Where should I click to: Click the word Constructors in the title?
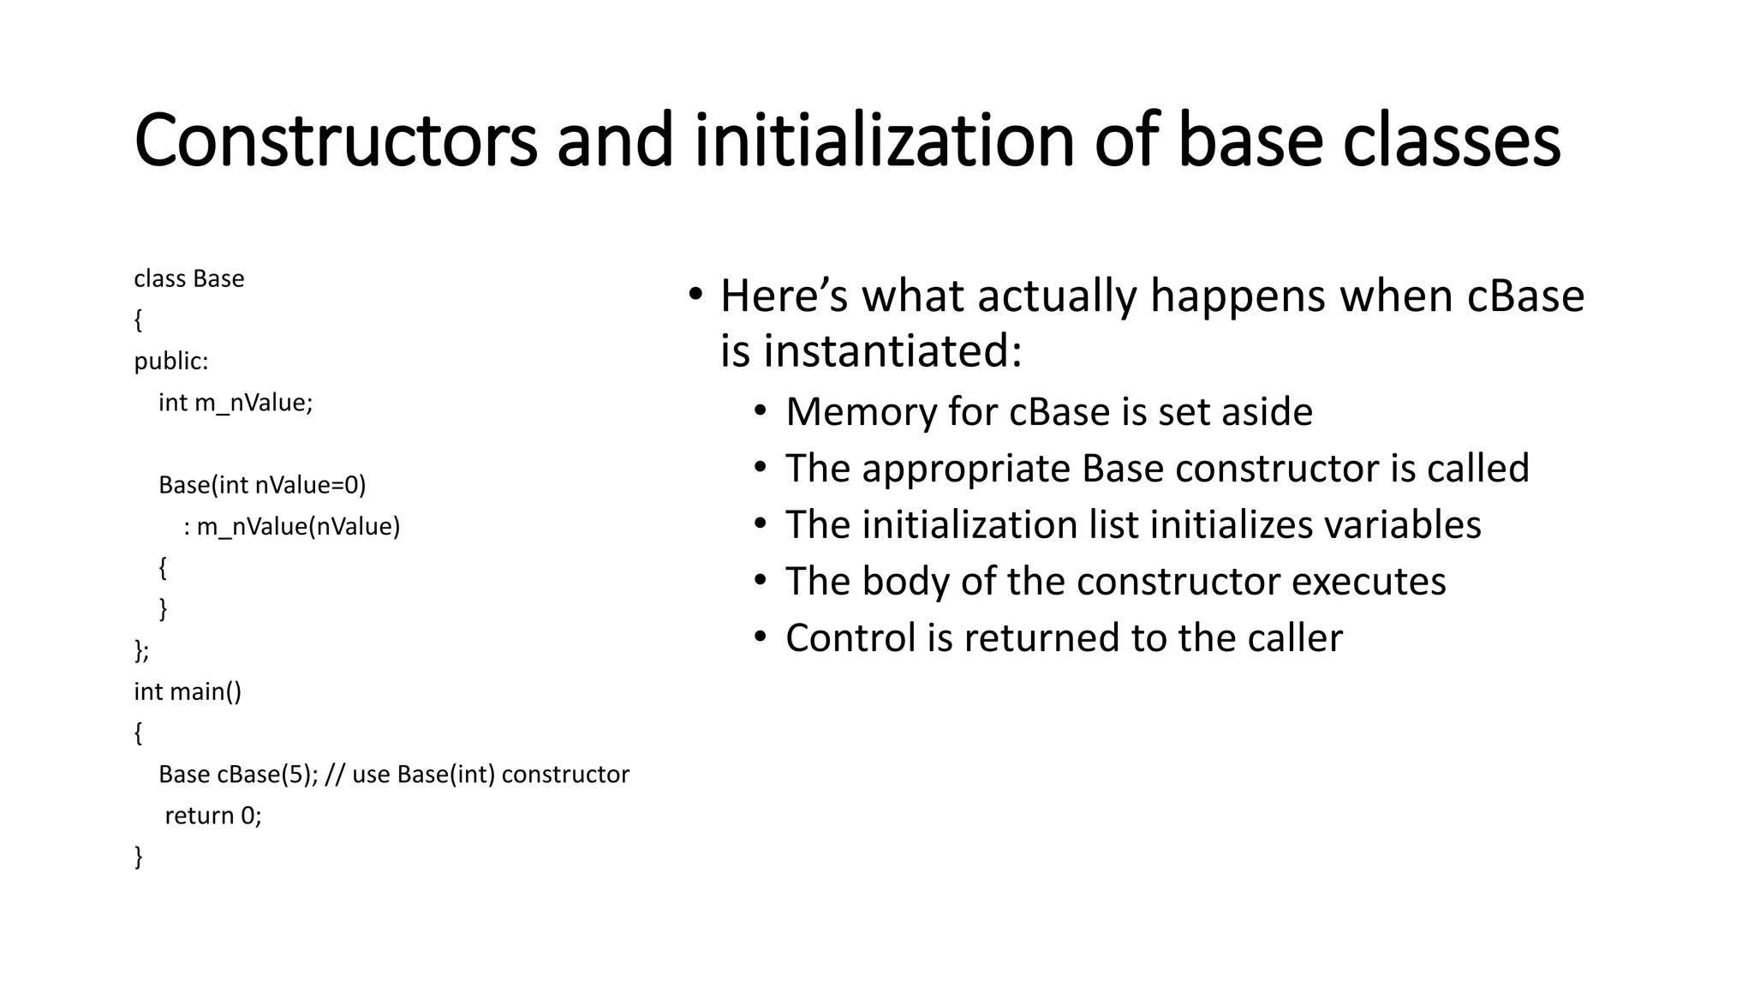click(x=336, y=141)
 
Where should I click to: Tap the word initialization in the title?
click(x=884, y=141)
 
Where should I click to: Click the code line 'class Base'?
click(x=189, y=279)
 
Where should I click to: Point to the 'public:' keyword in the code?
click(x=171, y=362)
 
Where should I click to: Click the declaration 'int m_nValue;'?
click(x=236, y=403)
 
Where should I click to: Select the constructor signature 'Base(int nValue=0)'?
click(x=262, y=486)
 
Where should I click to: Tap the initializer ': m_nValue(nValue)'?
click(x=291, y=527)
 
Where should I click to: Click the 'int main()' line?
click(x=188, y=691)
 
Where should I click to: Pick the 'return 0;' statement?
click(x=212, y=816)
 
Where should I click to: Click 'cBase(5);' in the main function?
click(x=268, y=775)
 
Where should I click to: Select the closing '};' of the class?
click(x=141, y=650)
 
